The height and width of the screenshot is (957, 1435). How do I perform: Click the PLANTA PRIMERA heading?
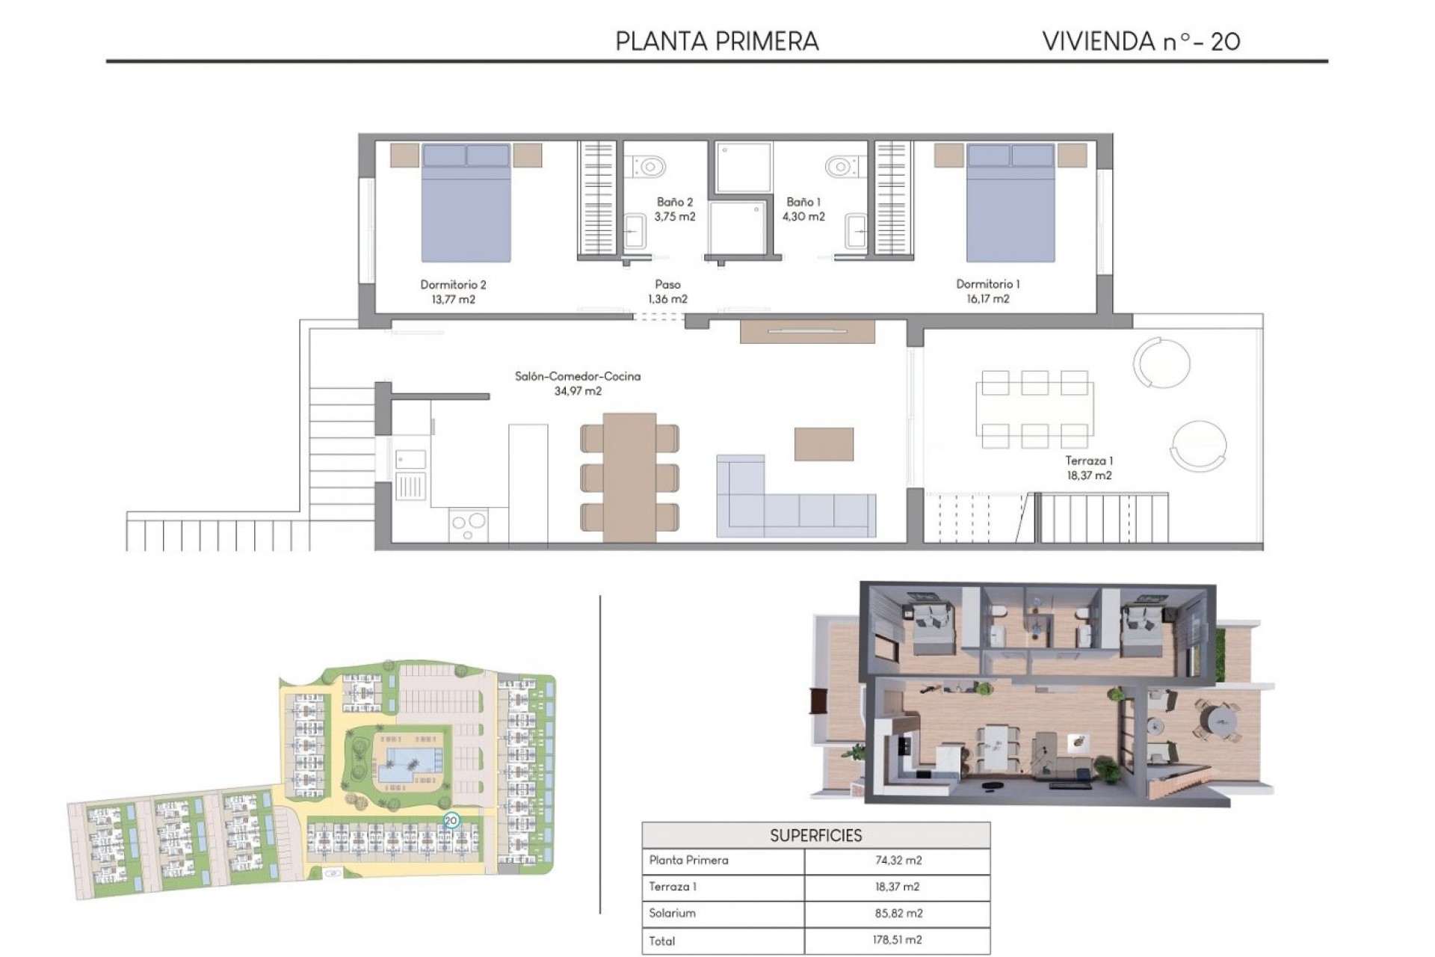(717, 41)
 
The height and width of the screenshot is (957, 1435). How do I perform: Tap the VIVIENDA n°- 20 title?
(1141, 41)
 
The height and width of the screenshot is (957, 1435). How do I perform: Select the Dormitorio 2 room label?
(453, 284)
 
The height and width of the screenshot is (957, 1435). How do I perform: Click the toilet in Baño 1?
(842, 165)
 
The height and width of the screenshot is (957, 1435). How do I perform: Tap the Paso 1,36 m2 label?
(667, 292)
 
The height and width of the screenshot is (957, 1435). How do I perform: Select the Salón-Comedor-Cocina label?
(578, 376)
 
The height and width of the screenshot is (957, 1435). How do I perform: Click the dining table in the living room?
(629, 477)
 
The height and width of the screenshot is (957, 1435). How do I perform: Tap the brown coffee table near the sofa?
(824, 443)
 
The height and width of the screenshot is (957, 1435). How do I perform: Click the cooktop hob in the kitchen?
(469, 523)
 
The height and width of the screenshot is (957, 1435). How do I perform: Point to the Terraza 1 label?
(1089, 461)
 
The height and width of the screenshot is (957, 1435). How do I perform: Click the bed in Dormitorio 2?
(466, 203)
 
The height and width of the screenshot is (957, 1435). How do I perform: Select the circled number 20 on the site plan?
(451, 820)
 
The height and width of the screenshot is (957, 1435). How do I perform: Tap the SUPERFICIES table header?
(815, 835)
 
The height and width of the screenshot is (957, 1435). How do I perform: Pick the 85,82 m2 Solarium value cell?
(898, 913)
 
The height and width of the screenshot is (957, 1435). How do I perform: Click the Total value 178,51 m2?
(898, 940)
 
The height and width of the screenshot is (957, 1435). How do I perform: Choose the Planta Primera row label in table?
(688, 861)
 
